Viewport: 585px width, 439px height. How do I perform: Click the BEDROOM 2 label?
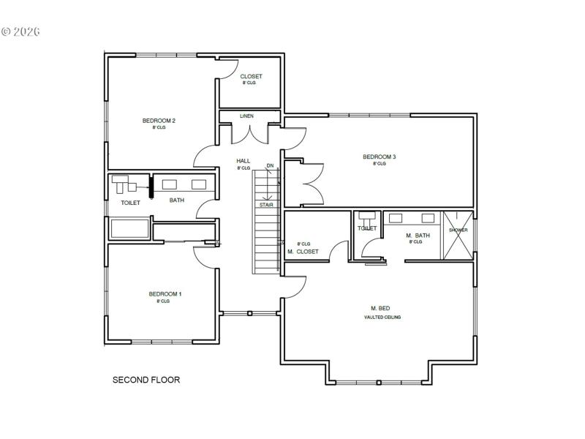click(159, 121)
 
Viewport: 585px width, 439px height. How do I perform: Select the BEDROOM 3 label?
click(379, 157)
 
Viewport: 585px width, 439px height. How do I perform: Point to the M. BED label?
click(380, 308)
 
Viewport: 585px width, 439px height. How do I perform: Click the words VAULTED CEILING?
click(382, 317)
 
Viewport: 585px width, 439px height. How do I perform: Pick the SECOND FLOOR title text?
click(146, 380)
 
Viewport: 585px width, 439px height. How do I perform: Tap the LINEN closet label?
click(246, 116)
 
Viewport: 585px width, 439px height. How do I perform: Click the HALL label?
click(243, 161)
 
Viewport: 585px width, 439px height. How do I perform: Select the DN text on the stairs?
click(270, 166)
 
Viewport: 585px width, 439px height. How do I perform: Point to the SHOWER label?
click(458, 230)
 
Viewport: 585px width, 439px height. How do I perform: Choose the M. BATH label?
click(418, 235)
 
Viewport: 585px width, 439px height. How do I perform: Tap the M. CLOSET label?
click(303, 252)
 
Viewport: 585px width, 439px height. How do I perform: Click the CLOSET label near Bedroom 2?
click(251, 76)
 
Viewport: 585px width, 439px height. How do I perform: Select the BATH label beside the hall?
click(177, 200)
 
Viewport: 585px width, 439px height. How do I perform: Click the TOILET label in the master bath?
click(367, 228)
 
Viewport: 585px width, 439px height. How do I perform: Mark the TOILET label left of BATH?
click(130, 203)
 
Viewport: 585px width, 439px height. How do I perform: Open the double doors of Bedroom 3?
click(304, 183)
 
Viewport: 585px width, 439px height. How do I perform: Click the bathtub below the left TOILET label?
click(129, 228)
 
